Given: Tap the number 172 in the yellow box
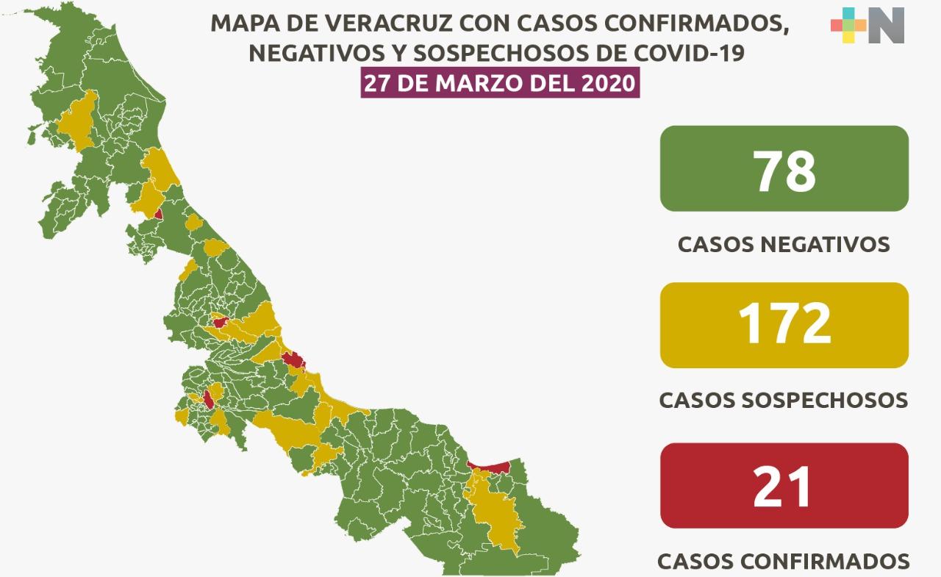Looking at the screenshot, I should click(x=784, y=324).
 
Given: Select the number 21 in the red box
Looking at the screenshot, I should click(x=784, y=486).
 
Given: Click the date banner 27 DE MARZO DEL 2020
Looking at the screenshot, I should click(x=499, y=82).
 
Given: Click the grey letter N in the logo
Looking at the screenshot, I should click(x=886, y=25).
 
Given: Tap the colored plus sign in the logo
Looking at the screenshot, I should click(x=848, y=25).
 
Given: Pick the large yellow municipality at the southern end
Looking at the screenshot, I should click(x=493, y=514).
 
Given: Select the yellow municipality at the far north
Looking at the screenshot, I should click(x=76, y=121).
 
